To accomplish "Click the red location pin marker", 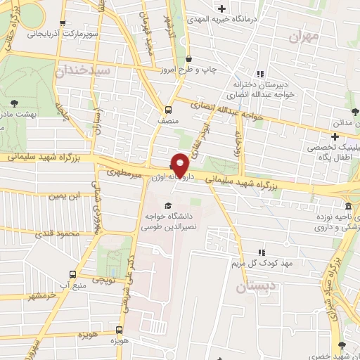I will pos(181,165).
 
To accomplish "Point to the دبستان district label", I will pos(252,286).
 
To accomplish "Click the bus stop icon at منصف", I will pos(167,110).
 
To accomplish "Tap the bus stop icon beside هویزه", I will pos(118,330).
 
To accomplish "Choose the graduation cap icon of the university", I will pos(166,191).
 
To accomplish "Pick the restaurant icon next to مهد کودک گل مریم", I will pos(262,252).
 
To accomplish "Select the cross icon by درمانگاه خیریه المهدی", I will pos(222,9).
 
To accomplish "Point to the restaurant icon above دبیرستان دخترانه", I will pos(259,73).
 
